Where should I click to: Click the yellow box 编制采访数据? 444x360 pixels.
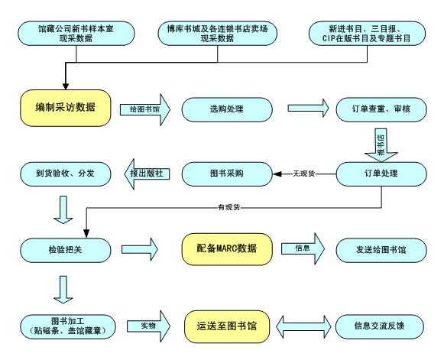click(66, 108)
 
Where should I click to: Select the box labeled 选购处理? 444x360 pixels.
click(227, 109)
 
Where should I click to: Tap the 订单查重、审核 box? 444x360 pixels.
click(381, 109)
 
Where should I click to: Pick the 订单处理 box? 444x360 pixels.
click(381, 174)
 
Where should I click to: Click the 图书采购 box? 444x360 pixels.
click(227, 174)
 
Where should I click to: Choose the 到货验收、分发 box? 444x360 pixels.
click(66, 174)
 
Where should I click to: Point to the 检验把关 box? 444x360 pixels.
click(66, 250)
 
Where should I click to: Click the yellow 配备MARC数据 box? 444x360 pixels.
click(227, 249)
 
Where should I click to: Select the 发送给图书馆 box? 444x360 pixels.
click(381, 250)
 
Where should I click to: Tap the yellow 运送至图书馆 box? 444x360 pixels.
click(227, 326)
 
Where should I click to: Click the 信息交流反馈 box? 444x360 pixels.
click(380, 326)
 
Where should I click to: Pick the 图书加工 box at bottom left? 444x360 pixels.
click(68, 326)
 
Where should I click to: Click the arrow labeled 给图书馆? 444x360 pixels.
click(145, 109)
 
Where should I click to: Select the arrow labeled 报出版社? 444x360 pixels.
click(147, 174)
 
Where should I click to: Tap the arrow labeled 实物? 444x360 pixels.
click(148, 326)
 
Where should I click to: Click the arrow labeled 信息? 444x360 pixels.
click(303, 248)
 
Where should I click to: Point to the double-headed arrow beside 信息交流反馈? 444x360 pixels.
click(303, 326)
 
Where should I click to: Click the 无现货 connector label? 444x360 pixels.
click(304, 174)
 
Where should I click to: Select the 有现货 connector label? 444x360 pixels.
click(229, 207)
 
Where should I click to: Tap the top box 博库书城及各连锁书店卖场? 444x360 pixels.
click(217, 34)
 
